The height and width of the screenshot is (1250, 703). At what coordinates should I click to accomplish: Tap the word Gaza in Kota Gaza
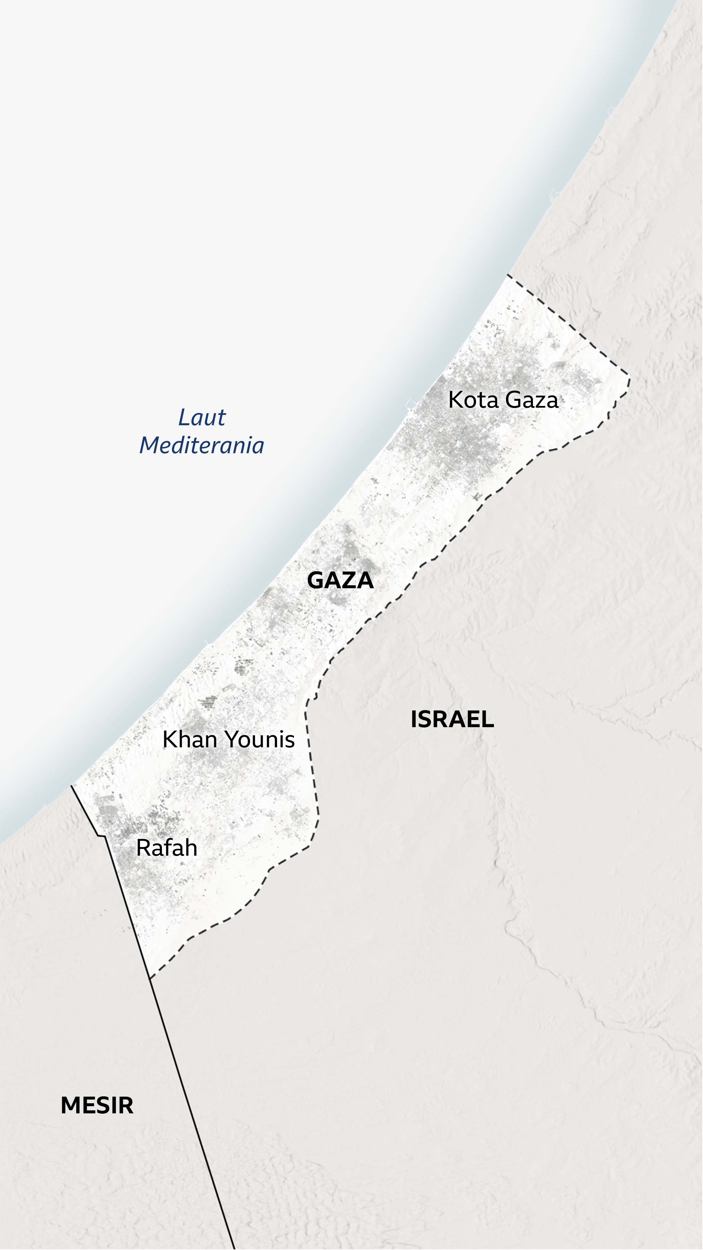[531, 400]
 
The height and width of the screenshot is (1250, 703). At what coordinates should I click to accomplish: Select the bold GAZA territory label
[340, 580]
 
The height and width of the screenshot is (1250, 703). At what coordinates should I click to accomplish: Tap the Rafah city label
[166, 848]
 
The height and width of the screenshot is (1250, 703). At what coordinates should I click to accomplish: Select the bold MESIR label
[97, 1106]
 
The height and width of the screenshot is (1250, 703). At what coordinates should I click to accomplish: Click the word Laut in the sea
[202, 417]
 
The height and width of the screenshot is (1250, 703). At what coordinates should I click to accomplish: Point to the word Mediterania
[202, 445]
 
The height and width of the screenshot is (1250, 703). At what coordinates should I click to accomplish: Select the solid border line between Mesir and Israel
[194, 1116]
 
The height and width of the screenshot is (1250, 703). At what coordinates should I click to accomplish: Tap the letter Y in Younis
[230, 740]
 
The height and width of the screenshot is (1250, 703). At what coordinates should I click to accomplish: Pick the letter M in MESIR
[69, 1106]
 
